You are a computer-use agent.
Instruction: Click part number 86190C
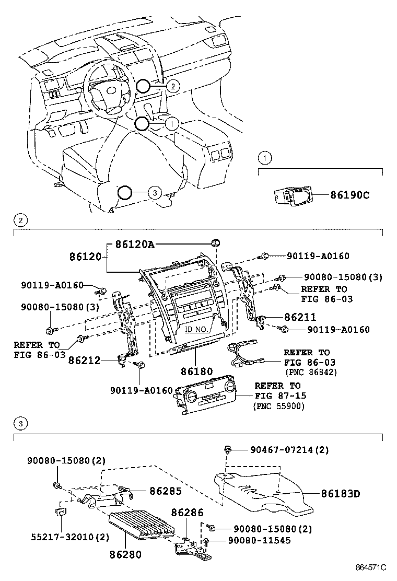pos(350,195)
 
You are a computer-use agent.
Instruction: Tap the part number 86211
pos(300,317)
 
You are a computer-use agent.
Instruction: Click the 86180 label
pos(197,371)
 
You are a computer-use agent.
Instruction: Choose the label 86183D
pos(341,493)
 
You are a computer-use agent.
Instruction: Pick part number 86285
pos(166,491)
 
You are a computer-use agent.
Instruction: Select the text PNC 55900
pos(279,406)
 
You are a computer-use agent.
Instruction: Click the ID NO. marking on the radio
pos(195,329)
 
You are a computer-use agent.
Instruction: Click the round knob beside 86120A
pos(215,242)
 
